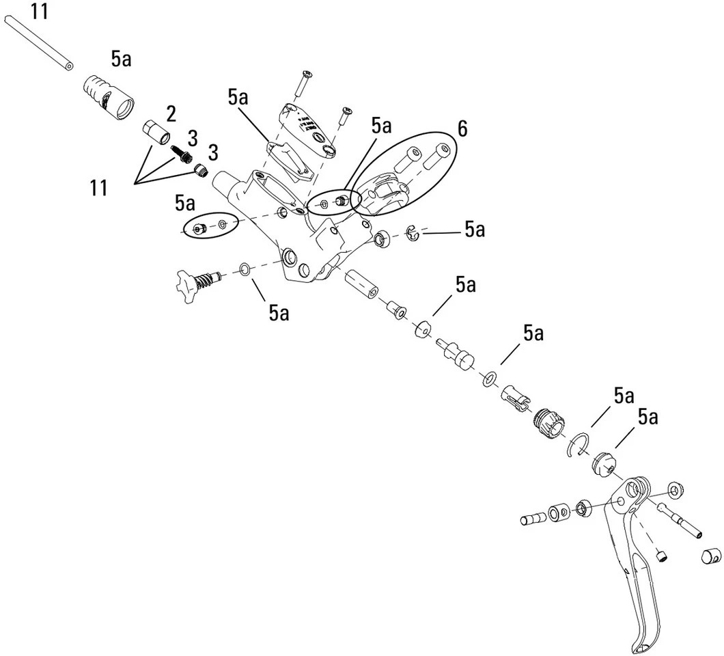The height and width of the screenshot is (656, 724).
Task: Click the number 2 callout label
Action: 169,113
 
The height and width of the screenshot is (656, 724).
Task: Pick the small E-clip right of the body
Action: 413,234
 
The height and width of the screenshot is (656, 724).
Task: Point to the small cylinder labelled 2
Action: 157,132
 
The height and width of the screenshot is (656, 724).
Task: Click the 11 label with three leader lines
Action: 98,187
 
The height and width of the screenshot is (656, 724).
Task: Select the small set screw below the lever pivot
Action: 660,556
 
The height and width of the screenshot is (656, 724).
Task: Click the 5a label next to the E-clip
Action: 475,230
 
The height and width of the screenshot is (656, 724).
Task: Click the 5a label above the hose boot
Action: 122,60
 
